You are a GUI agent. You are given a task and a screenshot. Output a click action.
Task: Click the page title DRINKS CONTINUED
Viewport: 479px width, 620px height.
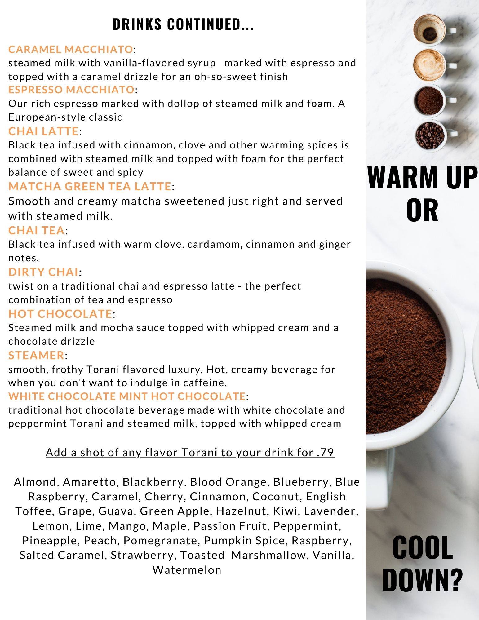click(183, 24)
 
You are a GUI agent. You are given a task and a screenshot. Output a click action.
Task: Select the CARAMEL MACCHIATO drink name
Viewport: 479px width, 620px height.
click(71, 49)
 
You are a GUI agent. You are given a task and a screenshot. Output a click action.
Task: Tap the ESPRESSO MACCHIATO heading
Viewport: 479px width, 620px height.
click(71, 90)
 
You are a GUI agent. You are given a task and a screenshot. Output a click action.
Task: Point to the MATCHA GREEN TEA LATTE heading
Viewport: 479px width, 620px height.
click(90, 186)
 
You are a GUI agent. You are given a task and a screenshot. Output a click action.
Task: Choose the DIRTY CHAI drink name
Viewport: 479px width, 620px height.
click(43, 272)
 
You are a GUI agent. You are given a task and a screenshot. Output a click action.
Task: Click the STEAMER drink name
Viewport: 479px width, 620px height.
click(36, 355)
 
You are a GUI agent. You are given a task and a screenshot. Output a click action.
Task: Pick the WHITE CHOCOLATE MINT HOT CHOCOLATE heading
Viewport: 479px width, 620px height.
click(127, 396)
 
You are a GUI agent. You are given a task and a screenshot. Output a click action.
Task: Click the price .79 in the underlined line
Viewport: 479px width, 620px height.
click(326, 453)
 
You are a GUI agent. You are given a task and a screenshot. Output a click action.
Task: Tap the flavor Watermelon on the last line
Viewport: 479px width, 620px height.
click(187, 570)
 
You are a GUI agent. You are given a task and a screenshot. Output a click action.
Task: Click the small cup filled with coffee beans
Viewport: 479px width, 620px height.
click(430, 135)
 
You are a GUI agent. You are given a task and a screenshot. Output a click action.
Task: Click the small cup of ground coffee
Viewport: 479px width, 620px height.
click(430, 100)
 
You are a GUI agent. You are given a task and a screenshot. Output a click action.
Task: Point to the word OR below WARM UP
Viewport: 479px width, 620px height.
click(422, 210)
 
